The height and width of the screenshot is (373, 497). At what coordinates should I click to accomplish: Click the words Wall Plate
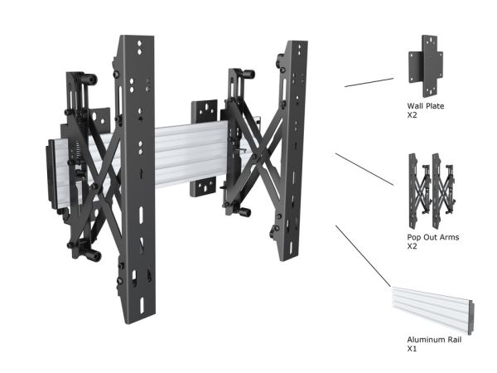coord(426,106)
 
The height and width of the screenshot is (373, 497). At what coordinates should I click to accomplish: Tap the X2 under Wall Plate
coord(412,115)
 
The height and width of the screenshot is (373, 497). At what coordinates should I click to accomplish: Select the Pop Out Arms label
coord(433,237)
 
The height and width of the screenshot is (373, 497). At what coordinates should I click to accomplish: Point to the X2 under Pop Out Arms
coord(412,246)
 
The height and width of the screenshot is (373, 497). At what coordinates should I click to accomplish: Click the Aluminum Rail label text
coord(434,340)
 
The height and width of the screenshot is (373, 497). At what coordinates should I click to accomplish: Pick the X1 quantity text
coord(412,349)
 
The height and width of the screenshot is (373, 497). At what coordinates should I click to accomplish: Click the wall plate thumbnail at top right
coord(426,66)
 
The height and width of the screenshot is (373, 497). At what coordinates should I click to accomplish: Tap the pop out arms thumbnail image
coord(432,191)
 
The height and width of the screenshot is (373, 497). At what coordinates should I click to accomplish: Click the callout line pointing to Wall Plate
coord(369,82)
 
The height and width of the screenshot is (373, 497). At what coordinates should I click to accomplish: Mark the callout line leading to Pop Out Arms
coord(364,169)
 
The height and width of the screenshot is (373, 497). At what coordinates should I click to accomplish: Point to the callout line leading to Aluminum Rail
coord(364,256)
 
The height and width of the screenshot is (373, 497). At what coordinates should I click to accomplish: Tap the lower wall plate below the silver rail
coord(203,187)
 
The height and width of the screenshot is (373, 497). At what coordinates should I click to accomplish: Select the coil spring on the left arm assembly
coord(77,152)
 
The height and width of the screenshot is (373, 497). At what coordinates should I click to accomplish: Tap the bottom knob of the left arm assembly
coord(93,254)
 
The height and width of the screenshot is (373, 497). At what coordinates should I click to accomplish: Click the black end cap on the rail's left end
coord(52,174)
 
